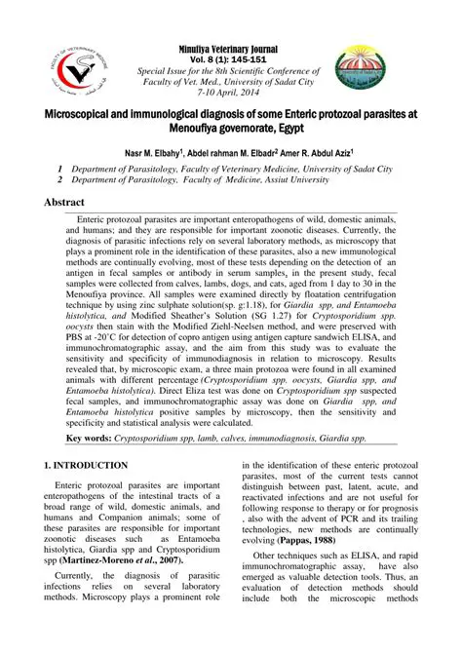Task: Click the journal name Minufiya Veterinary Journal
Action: pos(228,49)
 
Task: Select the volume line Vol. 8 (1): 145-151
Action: pos(228,59)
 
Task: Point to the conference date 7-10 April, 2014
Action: pos(228,96)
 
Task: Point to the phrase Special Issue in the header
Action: pos(170,72)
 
